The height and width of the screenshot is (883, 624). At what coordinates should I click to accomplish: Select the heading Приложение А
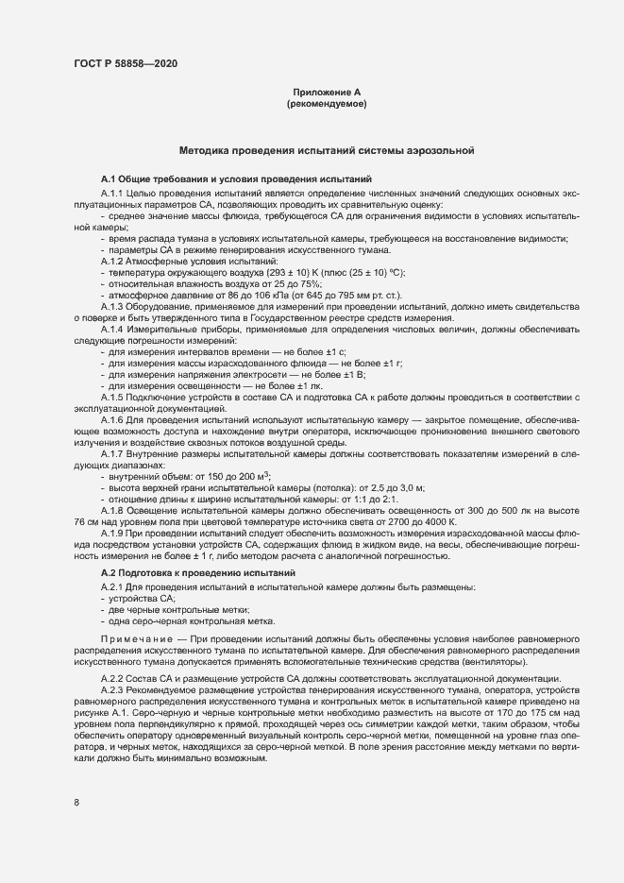(x=327, y=93)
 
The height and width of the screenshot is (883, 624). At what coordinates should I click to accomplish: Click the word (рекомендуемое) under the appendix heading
(x=327, y=103)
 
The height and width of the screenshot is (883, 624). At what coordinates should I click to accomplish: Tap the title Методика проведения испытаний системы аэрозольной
(x=326, y=150)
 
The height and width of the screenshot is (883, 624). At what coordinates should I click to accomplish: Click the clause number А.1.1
(x=112, y=193)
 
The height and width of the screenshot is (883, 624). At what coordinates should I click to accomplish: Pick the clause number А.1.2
(x=112, y=260)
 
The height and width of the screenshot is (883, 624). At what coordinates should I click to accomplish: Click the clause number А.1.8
(x=112, y=509)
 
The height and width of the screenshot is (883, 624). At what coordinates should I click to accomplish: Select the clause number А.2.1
(x=112, y=587)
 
